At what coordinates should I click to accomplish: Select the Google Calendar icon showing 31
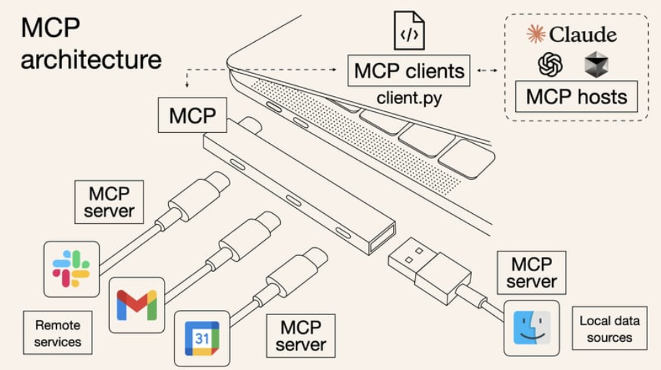(202, 338)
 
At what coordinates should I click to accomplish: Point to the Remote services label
(58, 332)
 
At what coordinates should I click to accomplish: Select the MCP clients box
(408, 72)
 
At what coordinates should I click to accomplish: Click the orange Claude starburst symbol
(535, 34)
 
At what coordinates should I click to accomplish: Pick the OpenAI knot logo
(550, 65)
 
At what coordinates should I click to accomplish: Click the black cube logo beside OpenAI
(596, 65)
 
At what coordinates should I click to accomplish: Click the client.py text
(408, 97)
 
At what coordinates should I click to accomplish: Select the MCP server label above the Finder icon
(531, 272)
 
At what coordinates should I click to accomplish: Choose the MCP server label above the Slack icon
(109, 202)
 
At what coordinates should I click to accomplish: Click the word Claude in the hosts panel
(582, 34)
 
